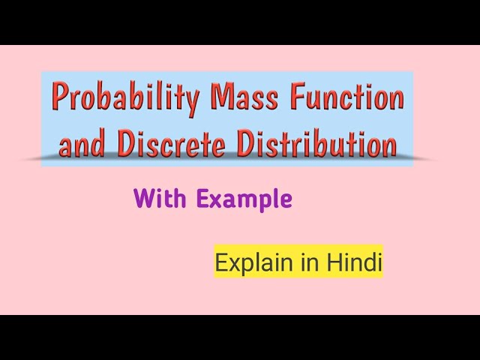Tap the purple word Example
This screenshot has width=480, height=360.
point(244,200)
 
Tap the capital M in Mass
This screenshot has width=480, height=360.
point(221,97)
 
